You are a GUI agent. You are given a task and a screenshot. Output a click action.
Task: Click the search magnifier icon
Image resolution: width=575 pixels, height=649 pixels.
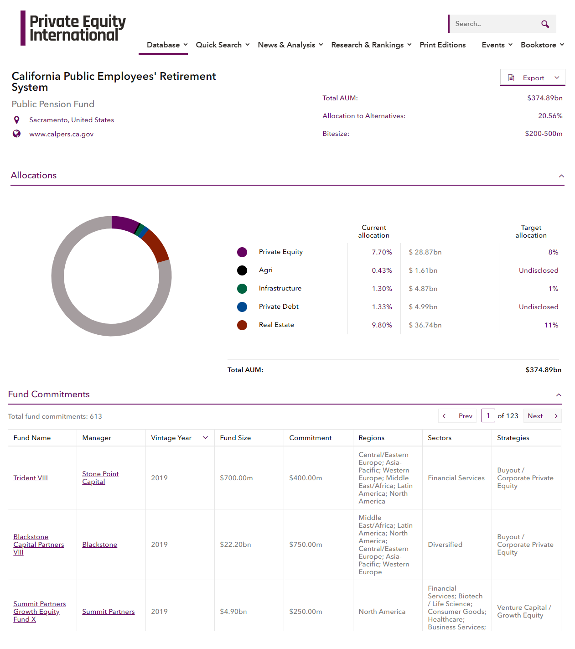coord(545,24)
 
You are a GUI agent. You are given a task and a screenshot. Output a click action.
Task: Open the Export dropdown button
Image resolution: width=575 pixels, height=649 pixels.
coord(533,78)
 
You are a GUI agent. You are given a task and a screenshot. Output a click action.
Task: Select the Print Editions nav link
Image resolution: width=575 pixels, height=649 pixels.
coord(442,45)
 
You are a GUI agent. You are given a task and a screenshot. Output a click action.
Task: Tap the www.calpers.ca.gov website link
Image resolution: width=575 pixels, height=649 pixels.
coord(61,134)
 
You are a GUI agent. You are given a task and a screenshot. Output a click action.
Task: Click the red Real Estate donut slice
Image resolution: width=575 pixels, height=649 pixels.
coord(156,245)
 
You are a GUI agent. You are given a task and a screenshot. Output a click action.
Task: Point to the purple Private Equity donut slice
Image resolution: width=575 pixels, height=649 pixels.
coord(124,223)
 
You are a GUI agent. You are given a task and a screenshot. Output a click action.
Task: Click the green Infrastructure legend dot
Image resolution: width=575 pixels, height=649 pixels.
coord(242,289)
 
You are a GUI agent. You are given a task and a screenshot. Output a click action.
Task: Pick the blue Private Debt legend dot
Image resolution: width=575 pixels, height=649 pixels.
coord(242,307)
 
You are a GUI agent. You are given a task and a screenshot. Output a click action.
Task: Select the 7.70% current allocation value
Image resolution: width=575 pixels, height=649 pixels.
coord(382,252)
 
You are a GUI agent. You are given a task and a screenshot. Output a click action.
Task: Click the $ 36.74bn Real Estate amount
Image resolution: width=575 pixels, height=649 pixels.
coord(425,325)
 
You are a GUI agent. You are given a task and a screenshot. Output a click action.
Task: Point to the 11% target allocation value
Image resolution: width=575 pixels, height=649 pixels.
coord(551,325)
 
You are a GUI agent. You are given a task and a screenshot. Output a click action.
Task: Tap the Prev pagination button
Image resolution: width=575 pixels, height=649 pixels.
coord(458,416)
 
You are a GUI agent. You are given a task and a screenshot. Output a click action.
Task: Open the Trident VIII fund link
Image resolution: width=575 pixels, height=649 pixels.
coord(31,478)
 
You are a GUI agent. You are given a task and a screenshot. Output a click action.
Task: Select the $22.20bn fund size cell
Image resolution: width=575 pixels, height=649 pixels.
coord(235,545)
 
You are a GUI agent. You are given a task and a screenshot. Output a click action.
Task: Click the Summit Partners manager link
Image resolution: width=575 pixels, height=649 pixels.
coord(109,612)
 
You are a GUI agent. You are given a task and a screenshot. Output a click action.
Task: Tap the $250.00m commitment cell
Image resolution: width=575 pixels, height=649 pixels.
coord(306,612)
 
